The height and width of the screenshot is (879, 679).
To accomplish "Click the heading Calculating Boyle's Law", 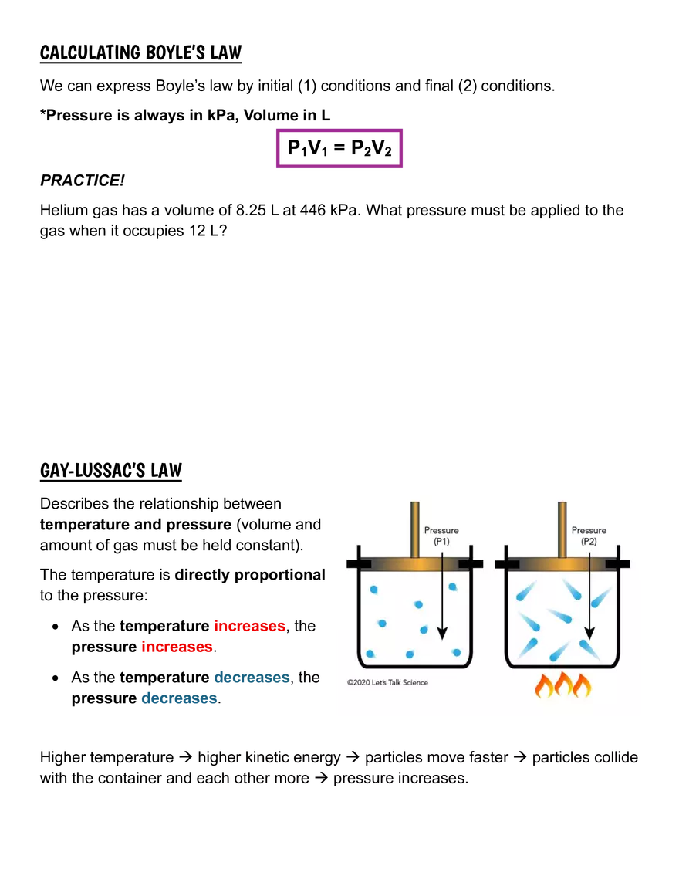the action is [140, 52].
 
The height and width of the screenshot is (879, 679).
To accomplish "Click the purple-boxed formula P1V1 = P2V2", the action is [339, 148].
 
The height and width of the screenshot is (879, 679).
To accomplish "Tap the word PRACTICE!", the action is [83, 181].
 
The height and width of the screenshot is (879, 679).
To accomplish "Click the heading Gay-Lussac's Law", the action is [111, 471].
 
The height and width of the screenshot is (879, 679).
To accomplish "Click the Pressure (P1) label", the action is [441, 536].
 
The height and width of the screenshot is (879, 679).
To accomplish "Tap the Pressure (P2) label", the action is [589, 536].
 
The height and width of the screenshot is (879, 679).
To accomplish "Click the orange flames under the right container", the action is [563, 685].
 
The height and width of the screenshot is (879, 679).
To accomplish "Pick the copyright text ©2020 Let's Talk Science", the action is [387, 683].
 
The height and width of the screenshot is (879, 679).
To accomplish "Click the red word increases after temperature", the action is [249, 626].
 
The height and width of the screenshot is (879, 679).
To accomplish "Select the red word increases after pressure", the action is [177, 647].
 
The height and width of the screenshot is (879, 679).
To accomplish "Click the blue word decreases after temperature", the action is [252, 677].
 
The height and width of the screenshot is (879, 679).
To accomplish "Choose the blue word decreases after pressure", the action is [179, 698].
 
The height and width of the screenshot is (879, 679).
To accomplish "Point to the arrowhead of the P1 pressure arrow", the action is [442, 634].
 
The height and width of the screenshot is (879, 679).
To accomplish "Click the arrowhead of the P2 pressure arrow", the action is [589, 634].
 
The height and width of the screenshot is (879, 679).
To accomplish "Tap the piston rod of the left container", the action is [415, 529].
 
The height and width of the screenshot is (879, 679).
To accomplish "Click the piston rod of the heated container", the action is [562, 529].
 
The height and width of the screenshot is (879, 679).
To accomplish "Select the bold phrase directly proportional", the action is [250, 575].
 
